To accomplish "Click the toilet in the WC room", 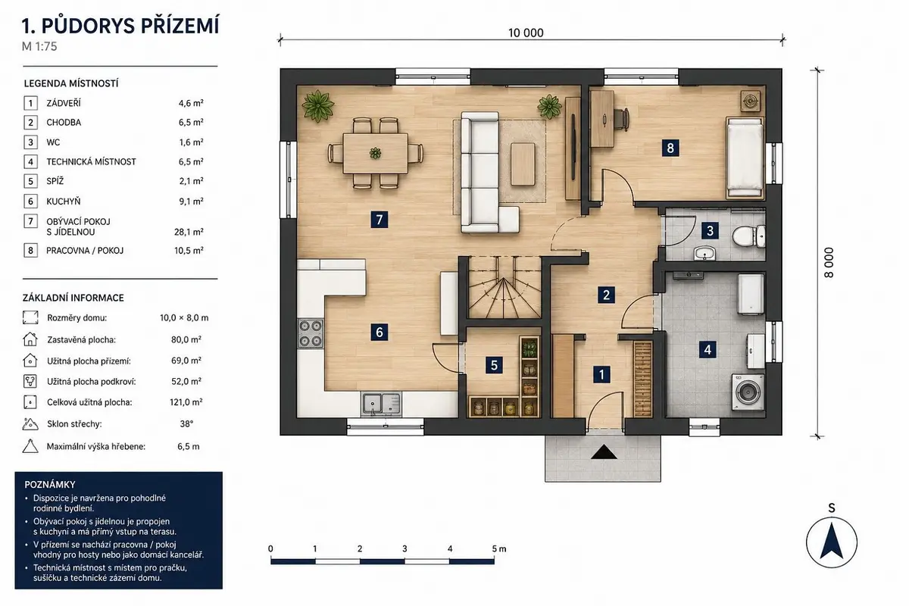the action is (748, 236).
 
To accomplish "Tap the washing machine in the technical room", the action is (748, 392).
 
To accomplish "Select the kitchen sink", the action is (382, 404).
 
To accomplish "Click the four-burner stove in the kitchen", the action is (311, 333).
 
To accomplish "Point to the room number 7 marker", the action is (380, 220).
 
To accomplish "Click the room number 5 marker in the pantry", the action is (494, 365).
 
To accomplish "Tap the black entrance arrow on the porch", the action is (604, 451).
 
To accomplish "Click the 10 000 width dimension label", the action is (526, 33).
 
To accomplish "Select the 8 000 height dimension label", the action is (829, 263).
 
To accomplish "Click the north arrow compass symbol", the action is (832, 542).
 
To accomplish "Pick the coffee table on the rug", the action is (523, 164).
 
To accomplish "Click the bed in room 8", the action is (745, 158).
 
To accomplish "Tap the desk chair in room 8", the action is (621, 120).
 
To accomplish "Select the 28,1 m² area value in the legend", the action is (189, 232).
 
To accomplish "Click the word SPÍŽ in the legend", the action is (55, 181).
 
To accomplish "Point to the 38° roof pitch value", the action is (186, 423).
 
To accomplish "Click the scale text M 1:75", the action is (39, 47).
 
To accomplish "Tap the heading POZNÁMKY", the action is (50, 484).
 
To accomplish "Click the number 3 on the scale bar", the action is (405, 548).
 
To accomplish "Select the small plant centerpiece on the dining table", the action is (376, 153).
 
